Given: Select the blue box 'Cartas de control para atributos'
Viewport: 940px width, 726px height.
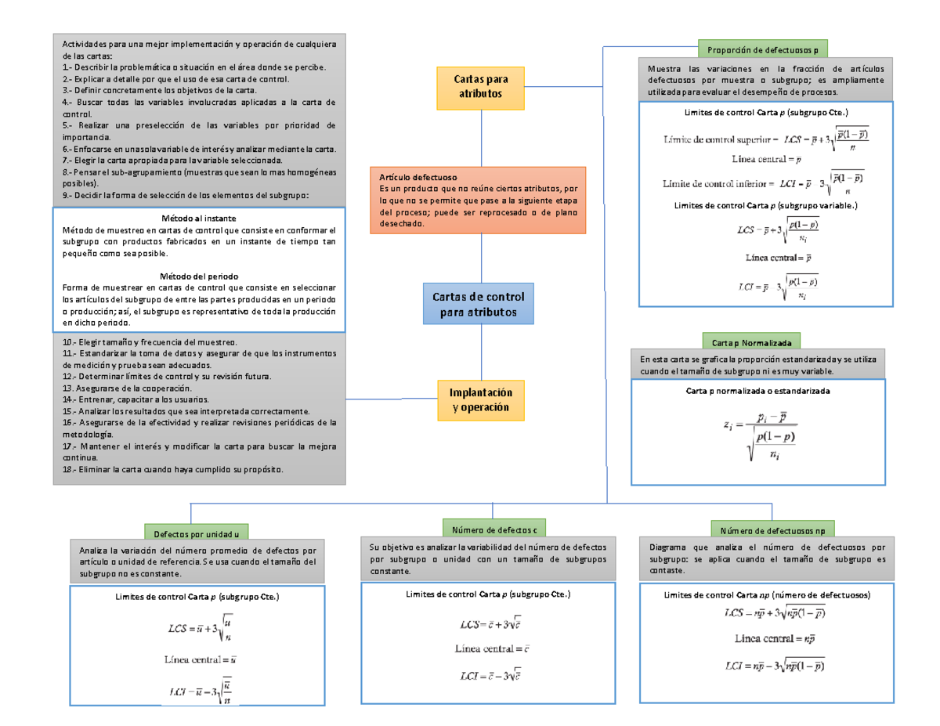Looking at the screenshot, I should [479, 305].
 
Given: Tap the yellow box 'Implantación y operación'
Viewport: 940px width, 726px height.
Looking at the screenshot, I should [480, 400].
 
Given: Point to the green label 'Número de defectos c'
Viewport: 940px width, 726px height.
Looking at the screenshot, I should [494, 529].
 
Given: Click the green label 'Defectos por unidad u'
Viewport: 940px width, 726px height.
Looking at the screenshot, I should [196, 533].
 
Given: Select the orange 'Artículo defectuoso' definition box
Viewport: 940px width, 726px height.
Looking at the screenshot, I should [478, 200].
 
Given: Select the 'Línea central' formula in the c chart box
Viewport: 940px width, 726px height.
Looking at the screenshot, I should [493, 648].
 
